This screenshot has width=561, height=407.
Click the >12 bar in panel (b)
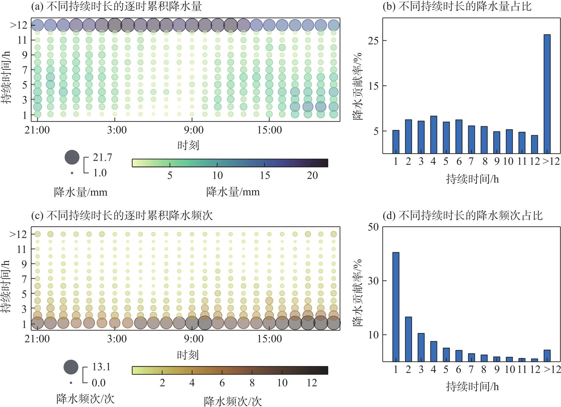click(547, 94)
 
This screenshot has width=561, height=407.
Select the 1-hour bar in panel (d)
click(396, 307)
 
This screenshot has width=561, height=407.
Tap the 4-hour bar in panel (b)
click(433, 135)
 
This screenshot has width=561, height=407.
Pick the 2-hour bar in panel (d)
click(408, 339)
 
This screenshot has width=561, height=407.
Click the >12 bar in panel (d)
click(547, 356)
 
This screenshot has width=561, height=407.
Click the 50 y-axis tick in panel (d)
click(373, 227)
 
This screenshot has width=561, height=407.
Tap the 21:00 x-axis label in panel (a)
click(37, 130)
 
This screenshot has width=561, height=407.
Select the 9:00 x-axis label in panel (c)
click(193, 339)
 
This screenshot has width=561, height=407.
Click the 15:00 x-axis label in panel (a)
click(269, 130)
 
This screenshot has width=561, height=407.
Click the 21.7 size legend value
click(102, 157)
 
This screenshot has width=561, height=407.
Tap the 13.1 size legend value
click(101, 367)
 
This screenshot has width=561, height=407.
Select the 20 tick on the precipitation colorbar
click(312, 176)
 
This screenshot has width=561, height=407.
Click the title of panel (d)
click(462, 216)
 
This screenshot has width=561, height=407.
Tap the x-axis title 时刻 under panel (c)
click(188, 355)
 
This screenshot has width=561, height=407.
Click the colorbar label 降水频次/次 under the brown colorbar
click(233, 401)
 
